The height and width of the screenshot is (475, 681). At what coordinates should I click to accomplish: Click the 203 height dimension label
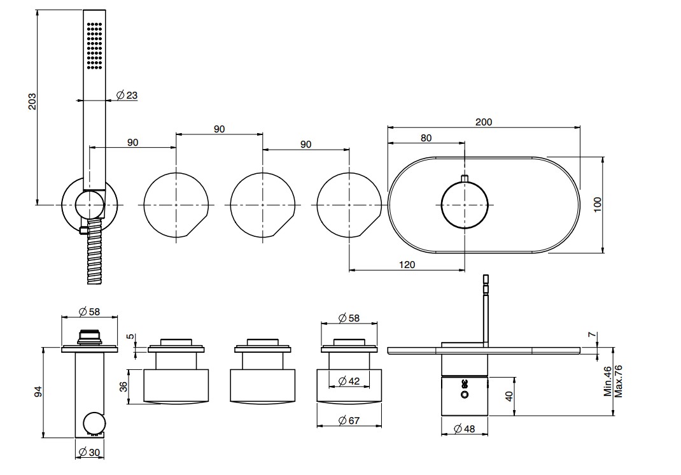coord(32,101)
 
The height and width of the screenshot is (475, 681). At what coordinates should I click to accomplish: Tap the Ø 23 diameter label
coord(127,95)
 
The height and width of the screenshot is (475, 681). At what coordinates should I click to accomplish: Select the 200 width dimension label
coord(484,122)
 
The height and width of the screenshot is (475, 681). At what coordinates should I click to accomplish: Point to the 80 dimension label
coord(426,138)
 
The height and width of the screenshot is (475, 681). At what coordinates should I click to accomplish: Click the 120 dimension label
coord(407,265)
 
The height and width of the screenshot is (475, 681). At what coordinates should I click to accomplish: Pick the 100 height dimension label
coord(598,204)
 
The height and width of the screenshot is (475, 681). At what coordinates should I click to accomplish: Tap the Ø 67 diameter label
coord(349,420)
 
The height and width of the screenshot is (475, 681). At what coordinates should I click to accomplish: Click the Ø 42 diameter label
coord(349,381)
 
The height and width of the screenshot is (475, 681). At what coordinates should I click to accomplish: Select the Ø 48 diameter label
coord(464,429)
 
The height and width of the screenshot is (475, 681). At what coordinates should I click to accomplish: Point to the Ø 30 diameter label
coord(90,452)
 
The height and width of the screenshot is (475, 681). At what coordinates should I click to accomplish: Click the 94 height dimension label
coord(39,392)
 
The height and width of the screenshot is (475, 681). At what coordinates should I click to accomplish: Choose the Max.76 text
coord(619,381)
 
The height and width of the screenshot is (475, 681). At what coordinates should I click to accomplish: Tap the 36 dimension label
coord(124,386)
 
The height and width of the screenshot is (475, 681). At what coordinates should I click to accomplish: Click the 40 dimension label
coord(509,396)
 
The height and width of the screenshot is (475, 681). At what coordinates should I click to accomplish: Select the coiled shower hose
coord(94,252)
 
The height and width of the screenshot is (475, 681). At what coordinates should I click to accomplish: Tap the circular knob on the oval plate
coord(465,204)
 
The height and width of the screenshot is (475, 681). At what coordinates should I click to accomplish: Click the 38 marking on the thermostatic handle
coord(464,383)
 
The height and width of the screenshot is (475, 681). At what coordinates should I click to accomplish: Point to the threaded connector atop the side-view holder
coord(90,337)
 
